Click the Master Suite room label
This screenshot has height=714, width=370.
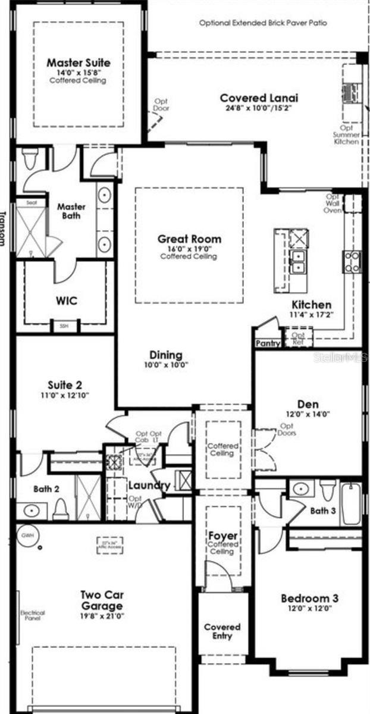[x=79, y=62]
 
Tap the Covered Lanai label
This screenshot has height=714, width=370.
[x=259, y=98]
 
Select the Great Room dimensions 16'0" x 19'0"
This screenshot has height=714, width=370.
[x=189, y=249]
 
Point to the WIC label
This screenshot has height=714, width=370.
[x=67, y=300]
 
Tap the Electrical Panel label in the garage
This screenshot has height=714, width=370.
[x=33, y=615]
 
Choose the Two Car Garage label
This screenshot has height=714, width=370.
[x=102, y=600]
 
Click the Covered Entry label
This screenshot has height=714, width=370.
[x=222, y=631]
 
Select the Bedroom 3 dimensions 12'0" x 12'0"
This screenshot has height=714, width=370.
[x=309, y=608]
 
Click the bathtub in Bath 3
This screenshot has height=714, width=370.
[x=350, y=503]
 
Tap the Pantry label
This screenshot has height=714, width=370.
[x=267, y=343]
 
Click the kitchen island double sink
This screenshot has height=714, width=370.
[x=297, y=261]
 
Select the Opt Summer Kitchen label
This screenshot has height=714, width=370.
[x=347, y=134]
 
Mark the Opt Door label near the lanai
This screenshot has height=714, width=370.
[x=162, y=105]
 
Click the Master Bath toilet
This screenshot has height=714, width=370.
[x=30, y=159]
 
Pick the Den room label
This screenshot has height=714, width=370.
[x=308, y=405]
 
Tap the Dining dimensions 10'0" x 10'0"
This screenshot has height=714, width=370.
[x=165, y=365]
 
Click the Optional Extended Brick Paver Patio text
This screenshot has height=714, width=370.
[x=262, y=23]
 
